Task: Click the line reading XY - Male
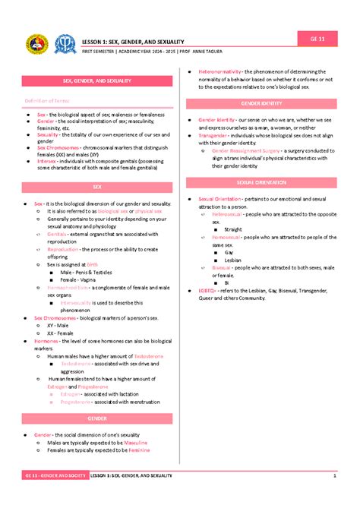(x=58, y=325)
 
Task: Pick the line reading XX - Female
(x=61, y=333)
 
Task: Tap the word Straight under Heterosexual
(x=233, y=229)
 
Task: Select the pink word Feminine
(x=139, y=450)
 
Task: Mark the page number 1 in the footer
(x=334, y=475)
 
